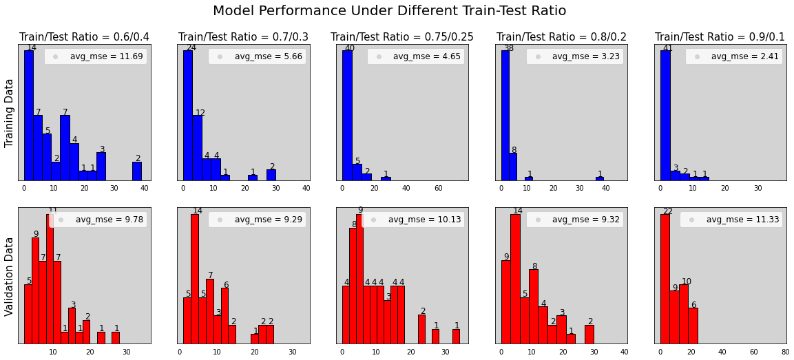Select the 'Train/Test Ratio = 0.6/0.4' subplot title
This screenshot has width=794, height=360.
pos(84,36)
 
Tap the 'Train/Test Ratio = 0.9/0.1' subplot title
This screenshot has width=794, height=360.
pos(720,36)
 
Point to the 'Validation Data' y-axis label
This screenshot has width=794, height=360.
pos(10,277)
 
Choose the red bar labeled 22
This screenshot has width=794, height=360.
pos(665,279)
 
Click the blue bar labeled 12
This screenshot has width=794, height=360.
pos(197,147)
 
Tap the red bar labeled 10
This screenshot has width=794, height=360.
pos(683,313)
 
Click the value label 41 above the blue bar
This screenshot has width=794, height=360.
pos(667,47)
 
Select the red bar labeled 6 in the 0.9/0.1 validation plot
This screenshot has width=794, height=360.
pos(693,325)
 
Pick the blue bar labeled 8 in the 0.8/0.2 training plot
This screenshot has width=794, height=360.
pos(512,167)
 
